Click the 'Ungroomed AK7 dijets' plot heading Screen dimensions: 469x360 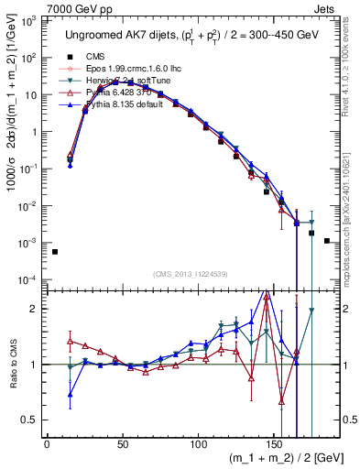point(190,35)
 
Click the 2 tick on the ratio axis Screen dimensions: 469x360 point(35,308)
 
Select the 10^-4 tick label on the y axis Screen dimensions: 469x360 point(28,280)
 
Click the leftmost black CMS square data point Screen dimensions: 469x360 point(54,252)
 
